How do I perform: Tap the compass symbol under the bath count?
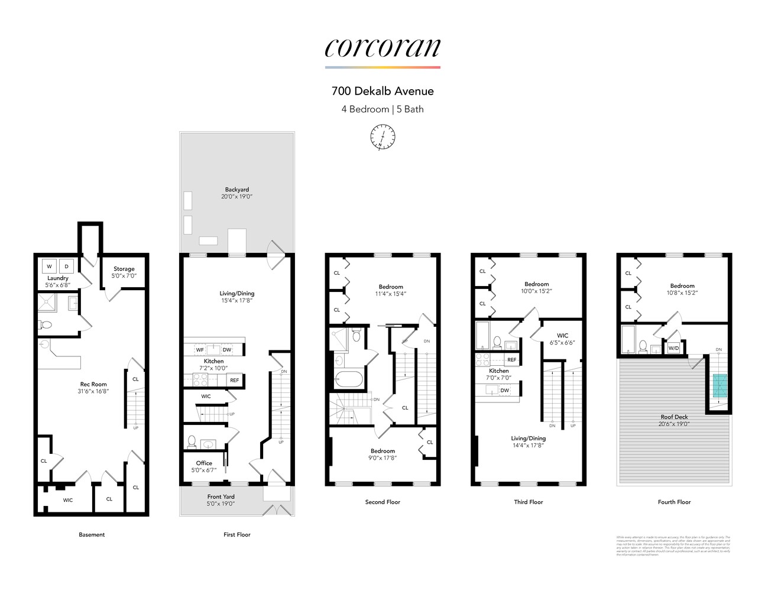coord(382,137)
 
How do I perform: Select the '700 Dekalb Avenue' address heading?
coord(382,91)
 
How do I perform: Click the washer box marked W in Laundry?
coord(50,267)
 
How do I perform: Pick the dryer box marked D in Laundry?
coord(67,267)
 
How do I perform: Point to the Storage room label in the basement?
coord(124,269)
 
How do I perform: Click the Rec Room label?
coord(93,384)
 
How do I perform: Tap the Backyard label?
coord(236,190)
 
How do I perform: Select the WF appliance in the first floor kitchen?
coord(200,350)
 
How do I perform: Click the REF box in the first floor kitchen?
coord(235,380)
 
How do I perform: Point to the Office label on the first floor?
coord(204,463)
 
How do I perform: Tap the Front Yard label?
coord(221,497)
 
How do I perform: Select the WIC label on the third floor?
coord(562,336)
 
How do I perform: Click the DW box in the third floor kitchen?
coord(504,390)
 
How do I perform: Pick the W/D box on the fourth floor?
coord(673,348)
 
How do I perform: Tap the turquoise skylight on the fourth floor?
coord(719,385)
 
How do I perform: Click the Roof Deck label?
coord(674,417)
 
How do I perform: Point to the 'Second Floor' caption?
coord(382,502)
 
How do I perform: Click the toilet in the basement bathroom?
coord(46,324)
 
